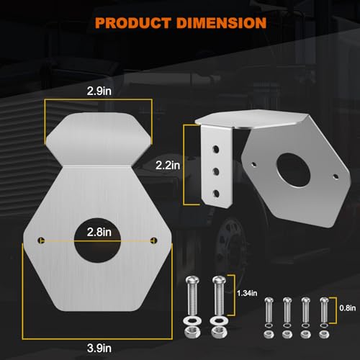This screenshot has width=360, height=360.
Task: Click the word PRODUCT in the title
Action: coord(132,23)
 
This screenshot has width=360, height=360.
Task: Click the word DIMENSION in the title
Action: coord(221,23)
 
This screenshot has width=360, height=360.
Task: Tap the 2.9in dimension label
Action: coord(99,91)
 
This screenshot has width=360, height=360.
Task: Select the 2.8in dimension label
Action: coord(99,232)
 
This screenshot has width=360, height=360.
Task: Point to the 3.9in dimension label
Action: coord(99,348)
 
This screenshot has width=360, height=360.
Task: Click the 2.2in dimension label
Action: coord(168,166)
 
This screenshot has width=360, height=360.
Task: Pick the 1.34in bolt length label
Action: coord(247,293)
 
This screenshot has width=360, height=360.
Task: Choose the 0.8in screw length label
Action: coord(348,308)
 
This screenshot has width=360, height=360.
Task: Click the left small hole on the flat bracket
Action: coord(41,240)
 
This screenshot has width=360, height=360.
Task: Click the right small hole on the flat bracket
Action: coord(153,240)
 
